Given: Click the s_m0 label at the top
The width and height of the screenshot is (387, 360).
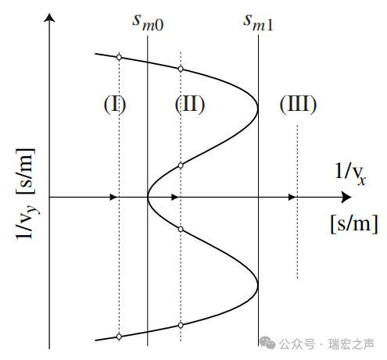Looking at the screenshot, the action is click(148, 23).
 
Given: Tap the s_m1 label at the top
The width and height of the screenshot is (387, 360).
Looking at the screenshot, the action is click(258, 23).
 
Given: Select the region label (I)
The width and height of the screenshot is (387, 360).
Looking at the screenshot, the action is click(115, 104).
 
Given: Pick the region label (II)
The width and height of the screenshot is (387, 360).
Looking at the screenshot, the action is click(190, 104).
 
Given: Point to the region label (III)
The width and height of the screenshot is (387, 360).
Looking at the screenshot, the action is click(298, 104).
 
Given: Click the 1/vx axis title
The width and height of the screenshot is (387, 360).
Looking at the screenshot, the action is click(350, 173).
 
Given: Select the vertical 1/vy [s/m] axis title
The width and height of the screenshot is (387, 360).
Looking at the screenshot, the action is click(26, 194).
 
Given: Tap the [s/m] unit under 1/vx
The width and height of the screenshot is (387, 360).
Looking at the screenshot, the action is click(354, 224).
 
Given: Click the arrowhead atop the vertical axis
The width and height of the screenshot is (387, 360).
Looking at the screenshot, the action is click(49, 18).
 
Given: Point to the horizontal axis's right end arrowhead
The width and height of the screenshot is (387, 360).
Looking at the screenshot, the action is click(346, 198).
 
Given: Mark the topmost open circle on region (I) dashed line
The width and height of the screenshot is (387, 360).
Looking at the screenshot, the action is click(119, 57).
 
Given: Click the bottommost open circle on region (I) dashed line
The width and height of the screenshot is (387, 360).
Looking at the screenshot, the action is click(119, 337).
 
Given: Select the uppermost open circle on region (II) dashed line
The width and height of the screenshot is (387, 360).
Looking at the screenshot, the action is click(181, 69).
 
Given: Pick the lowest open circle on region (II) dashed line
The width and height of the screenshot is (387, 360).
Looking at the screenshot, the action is click(181, 325).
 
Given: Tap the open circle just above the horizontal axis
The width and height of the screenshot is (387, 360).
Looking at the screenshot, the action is click(181, 166).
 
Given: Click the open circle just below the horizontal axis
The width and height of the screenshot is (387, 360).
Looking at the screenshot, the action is click(181, 229).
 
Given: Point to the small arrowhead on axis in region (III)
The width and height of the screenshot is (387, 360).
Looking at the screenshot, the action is click(292, 198).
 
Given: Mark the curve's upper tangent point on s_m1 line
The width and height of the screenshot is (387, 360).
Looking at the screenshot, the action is click(258, 108).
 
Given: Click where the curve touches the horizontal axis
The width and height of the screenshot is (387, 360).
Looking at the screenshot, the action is click(148, 198).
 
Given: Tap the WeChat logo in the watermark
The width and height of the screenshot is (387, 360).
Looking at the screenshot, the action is click(267, 343).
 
